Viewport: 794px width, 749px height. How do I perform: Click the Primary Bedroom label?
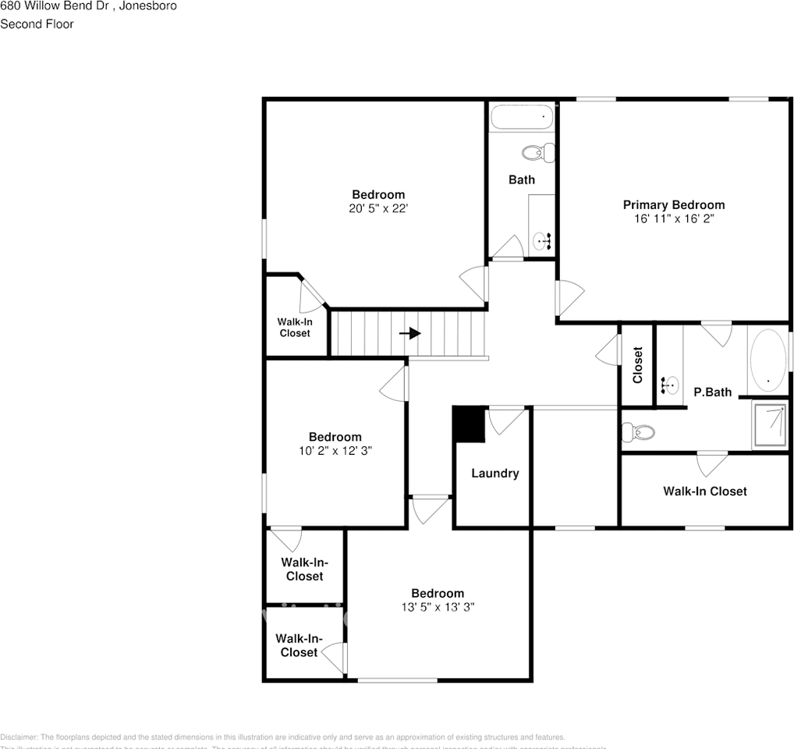click(673, 205)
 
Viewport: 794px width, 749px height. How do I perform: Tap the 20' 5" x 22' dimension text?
click(379, 208)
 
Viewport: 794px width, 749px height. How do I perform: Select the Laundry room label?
click(494, 474)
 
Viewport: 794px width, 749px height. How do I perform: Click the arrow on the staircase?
click(410, 333)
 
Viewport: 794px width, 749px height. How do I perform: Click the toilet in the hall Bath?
click(537, 152)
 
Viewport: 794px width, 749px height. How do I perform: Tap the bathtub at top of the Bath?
click(521, 118)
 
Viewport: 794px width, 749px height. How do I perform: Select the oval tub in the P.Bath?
click(767, 362)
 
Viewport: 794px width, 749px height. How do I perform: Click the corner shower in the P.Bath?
click(769, 425)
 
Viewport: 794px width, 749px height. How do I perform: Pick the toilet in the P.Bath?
click(637, 431)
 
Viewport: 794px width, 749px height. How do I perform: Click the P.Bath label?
click(713, 392)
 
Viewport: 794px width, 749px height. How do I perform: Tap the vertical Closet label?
click(637, 364)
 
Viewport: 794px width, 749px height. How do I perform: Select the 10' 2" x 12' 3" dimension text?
click(335, 451)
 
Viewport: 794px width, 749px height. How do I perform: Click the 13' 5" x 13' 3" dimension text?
click(438, 607)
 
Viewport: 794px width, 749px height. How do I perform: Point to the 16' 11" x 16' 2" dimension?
click(673, 219)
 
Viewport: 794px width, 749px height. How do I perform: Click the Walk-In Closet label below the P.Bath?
click(704, 492)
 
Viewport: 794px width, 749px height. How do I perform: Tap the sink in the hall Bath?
click(543, 241)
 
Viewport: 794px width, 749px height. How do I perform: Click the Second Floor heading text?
click(37, 24)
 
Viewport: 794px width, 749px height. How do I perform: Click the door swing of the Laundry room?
click(505, 420)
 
